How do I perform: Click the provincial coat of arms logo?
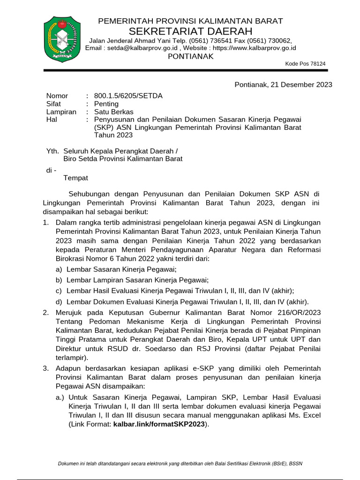pos(62,39)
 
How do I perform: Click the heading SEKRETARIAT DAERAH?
pos(190,31)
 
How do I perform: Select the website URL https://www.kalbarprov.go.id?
pos(253,48)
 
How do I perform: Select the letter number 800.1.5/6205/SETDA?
pos(128,96)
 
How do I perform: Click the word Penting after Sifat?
pos(106,104)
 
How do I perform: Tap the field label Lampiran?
pos(61,112)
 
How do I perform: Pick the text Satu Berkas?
pos(113,112)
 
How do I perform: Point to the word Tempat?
pos(75,178)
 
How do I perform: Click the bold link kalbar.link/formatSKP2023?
pos(159,424)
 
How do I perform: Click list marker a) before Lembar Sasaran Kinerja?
pos(59,269)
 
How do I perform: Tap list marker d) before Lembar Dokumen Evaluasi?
pos(59,301)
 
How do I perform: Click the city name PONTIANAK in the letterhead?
pos(190,56)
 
